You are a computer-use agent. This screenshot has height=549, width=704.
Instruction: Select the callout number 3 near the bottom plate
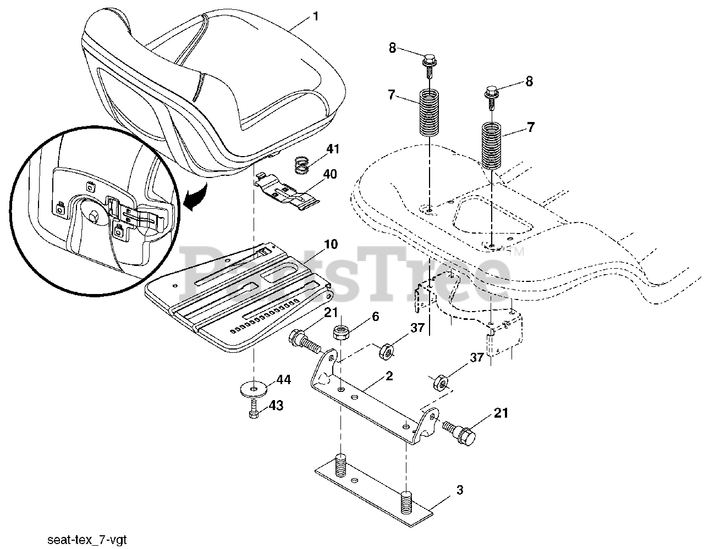pos(459,490)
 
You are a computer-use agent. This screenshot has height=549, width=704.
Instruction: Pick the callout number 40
pos(330,174)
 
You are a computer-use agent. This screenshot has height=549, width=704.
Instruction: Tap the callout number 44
pos(283,380)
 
